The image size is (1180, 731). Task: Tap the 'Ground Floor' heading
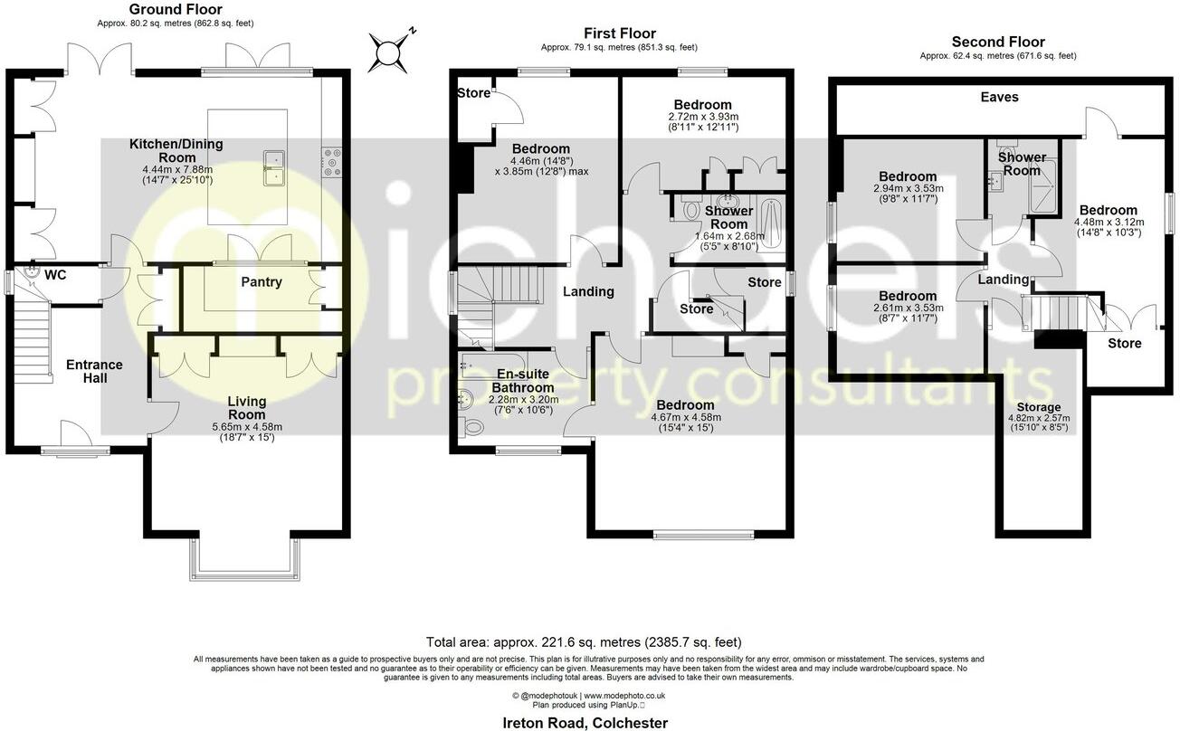(164, 10)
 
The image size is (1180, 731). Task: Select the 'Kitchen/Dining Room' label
(176, 150)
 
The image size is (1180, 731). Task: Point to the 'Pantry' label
(261, 282)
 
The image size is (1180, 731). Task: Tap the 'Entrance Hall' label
(94, 371)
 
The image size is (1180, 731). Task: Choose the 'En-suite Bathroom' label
(525, 380)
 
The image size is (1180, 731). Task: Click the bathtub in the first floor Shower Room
(771, 221)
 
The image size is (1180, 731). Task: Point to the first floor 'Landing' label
(588, 291)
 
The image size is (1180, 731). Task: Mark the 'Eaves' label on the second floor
(999, 97)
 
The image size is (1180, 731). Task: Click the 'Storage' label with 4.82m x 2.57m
(1038, 407)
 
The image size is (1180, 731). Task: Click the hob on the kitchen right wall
(331, 163)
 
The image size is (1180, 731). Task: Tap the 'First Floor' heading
(619, 34)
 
